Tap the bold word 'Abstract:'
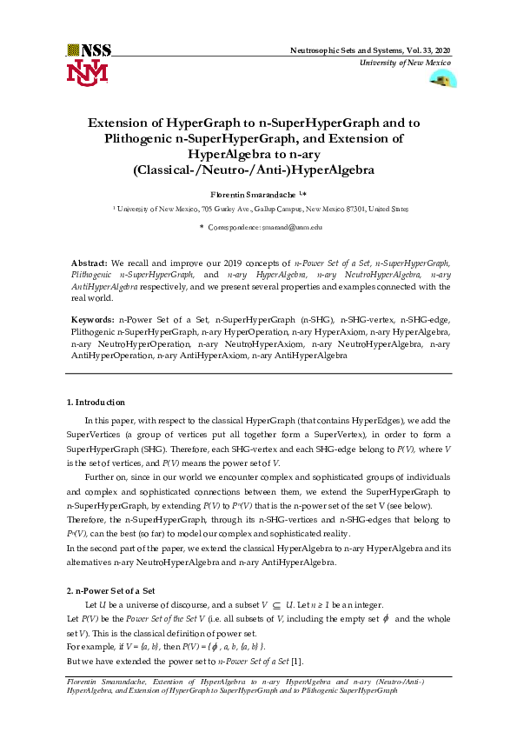89,262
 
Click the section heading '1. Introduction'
96,403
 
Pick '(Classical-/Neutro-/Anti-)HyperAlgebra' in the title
258,170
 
